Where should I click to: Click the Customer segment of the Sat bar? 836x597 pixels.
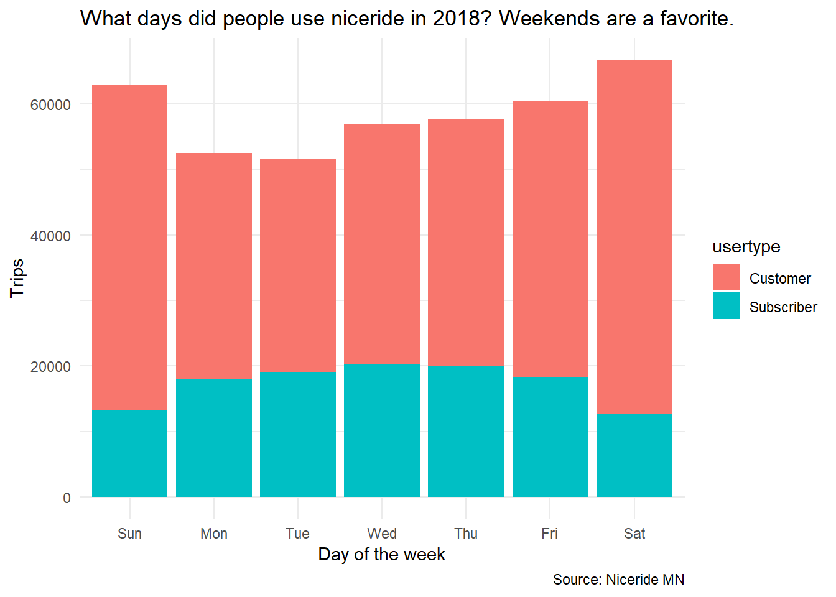(634, 236)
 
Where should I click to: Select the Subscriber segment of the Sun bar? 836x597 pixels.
(129, 453)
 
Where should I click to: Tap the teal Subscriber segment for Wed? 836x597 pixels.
(382, 430)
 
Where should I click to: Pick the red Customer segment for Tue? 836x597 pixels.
(298, 266)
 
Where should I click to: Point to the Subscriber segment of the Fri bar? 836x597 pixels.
(550, 437)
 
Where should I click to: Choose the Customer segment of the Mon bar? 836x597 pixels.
(214, 266)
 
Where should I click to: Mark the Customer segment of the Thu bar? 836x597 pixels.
(466, 243)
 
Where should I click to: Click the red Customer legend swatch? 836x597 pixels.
(726, 277)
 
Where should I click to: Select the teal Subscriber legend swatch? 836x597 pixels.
(726, 305)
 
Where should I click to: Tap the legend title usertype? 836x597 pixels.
(746, 247)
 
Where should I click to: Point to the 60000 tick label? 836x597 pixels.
(50, 105)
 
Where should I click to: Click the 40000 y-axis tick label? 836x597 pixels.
(50, 236)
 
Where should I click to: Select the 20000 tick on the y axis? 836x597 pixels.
(50, 367)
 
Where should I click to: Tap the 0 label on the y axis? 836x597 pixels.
(67, 497)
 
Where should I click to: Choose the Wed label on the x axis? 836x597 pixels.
(382, 534)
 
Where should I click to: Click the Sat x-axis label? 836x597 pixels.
(634, 534)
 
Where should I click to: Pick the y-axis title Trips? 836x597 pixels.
(17, 279)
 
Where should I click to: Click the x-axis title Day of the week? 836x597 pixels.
(381, 555)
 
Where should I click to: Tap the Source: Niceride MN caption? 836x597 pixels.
(619, 580)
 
